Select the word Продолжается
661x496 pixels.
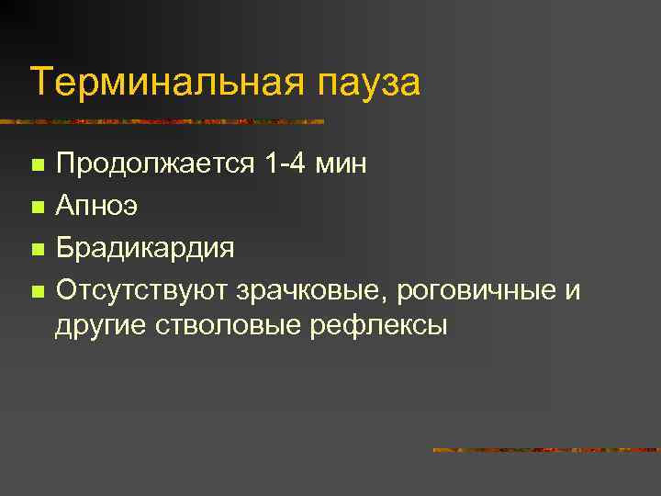[153, 165]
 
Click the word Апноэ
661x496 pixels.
[96, 207]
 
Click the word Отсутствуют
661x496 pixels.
[142, 291]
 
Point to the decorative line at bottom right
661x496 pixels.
[545, 450]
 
